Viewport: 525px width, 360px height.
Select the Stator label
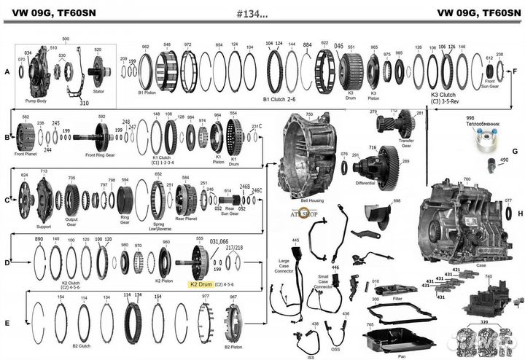(98, 93)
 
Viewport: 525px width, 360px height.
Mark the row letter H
(519, 213)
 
